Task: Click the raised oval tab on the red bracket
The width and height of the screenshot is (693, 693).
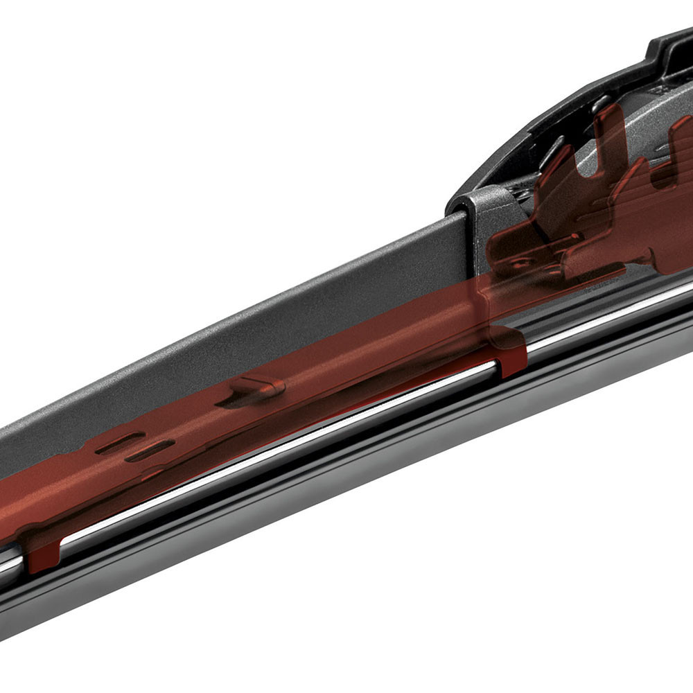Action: pyautogui.click(x=258, y=386)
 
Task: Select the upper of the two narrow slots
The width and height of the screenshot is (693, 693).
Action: pyautogui.click(x=119, y=442)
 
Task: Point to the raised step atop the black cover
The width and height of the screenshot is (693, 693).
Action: pyautogui.click(x=669, y=45)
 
